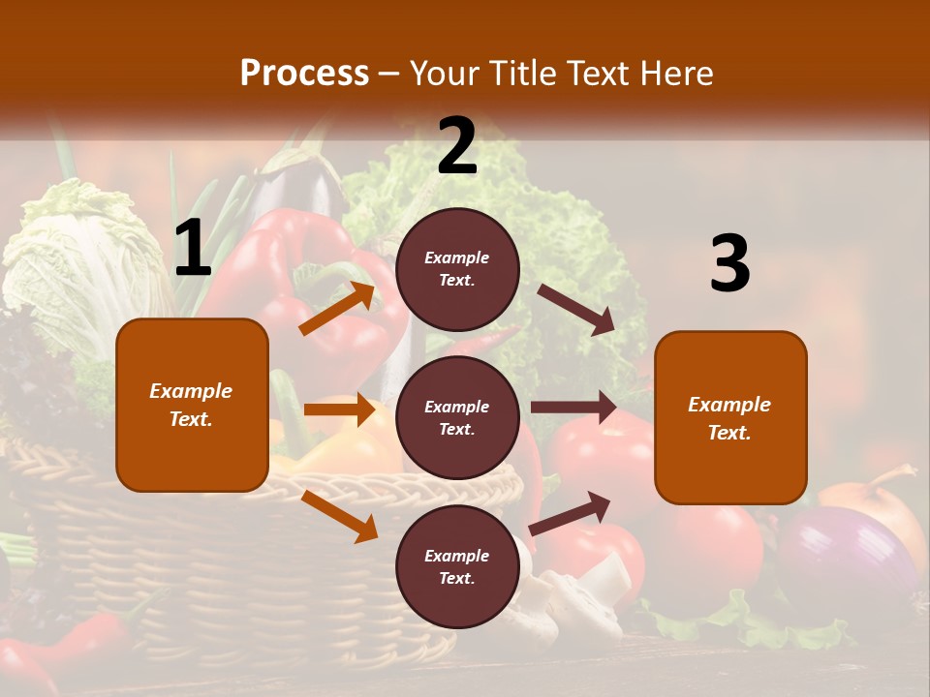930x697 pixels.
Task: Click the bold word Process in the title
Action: tap(304, 73)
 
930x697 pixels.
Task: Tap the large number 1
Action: tap(193, 249)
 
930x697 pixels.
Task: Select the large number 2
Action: tap(457, 147)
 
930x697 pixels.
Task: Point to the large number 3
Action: tap(729, 264)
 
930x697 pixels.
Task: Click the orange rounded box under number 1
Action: tap(192, 405)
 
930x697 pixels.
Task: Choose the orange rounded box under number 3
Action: tap(730, 417)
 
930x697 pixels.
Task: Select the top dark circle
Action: tap(457, 269)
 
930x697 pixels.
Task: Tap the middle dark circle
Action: tap(457, 417)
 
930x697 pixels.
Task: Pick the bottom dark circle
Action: tap(457, 566)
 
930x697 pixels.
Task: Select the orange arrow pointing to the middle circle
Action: tap(339, 409)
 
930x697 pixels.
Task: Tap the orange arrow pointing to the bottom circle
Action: tap(339, 516)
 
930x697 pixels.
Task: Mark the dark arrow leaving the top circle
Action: tap(577, 309)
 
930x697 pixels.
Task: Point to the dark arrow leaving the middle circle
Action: tap(573, 407)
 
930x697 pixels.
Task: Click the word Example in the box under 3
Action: tap(729, 405)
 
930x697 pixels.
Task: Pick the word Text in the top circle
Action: tap(457, 281)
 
